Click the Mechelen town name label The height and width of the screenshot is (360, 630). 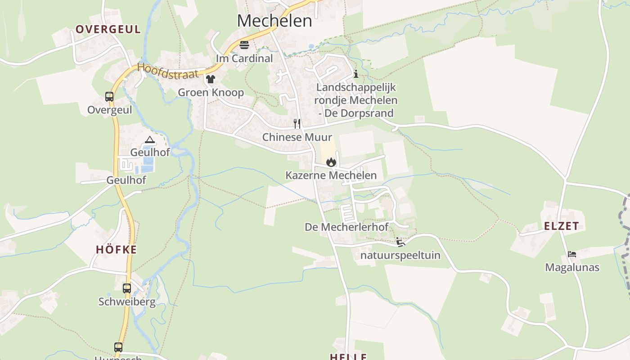coord(274,21)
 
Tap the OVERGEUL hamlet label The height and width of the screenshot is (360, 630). coord(108,30)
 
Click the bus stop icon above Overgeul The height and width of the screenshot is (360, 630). coord(109,96)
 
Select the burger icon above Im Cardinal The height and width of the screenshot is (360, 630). coord(244,45)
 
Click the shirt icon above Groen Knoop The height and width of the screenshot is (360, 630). coord(211,79)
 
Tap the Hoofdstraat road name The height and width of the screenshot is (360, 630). coord(167,71)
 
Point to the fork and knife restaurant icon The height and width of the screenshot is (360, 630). coord(297,123)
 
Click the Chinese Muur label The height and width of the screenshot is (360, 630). coord(297,137)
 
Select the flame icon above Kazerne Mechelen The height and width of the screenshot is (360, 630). coord(331,162)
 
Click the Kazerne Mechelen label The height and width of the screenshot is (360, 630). coord(331,175)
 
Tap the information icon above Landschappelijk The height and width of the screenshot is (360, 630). coord(356,74)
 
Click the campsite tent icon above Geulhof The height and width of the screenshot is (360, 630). coord(150,140)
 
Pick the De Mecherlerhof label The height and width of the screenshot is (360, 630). coord(346,227)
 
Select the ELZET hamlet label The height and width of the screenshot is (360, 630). coord(561,226)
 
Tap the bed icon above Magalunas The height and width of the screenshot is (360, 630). coord(572,254)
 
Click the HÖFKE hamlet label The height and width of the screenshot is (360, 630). coord(116,250)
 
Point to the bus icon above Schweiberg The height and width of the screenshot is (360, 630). coord(127,288)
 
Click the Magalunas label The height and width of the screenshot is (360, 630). coord(572,267)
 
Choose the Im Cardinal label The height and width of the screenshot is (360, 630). coord(244,58)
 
